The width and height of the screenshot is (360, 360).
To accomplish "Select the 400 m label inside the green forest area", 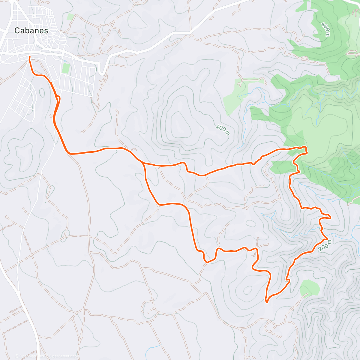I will [x=325, y=29].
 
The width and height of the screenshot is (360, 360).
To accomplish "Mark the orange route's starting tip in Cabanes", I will [x=29, y=57].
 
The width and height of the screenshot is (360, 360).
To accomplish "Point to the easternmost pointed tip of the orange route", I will [x=331, y=218].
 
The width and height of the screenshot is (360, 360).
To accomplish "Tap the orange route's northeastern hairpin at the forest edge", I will [x=306, y=149].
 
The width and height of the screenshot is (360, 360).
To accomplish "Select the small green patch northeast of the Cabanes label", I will [x=70, y=17].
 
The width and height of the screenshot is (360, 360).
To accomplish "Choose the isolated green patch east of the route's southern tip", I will [x=310, y=287].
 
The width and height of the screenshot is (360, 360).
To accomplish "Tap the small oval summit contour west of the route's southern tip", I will [x=248, y=290].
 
